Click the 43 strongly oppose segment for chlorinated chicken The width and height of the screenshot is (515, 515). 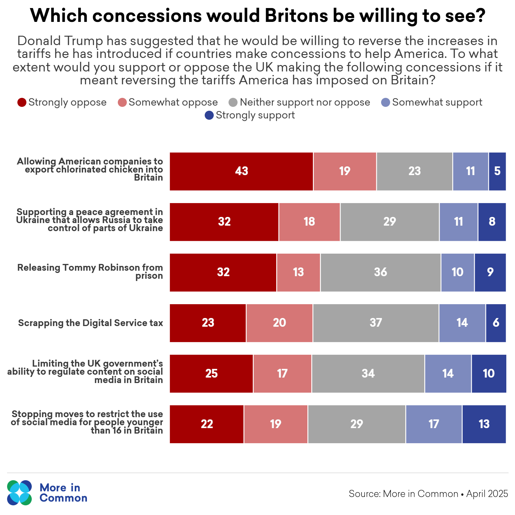coord(241,171)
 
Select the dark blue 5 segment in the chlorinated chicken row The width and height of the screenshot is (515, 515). coord(497,171)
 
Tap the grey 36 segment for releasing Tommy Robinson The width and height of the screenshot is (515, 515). coord(380,272)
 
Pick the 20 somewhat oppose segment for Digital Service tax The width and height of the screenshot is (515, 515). coord(279,323)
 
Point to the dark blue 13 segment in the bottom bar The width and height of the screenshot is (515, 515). coord(484,424)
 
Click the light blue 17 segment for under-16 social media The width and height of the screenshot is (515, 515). coord(434,424)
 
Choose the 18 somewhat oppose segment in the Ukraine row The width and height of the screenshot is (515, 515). coord(309,222)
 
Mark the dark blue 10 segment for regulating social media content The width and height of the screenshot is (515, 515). coord(489,374)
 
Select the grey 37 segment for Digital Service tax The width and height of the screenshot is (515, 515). coord(376,323)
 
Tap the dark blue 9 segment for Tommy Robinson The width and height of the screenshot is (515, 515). coord(490,272)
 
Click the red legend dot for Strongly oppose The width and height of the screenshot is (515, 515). coord(22,102)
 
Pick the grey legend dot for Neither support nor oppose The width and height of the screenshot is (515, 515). coord(233,102)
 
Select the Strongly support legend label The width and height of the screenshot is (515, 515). coord(255,115)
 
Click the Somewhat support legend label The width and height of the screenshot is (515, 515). coord(437,102)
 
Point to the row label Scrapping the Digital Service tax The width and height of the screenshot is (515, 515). coord(90,323)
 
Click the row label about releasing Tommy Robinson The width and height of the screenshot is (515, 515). coord(90,271)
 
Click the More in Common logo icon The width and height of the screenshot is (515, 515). coord(20,493)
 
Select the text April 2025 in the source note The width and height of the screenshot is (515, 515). coord(487,494)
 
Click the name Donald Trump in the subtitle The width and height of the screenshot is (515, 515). coord(60,41)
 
